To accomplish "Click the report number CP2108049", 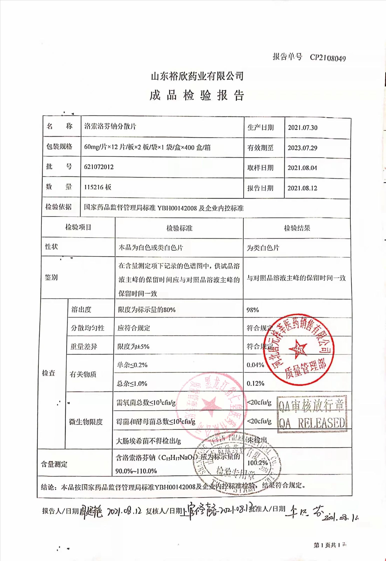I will pyautogui.click(x=328, y=58).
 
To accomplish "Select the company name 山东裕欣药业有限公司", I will pyautogui.click(x=197, y=76).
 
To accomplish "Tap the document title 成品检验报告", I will pyautogui.click(x=197, y=95).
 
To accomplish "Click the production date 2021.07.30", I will pyautogui.click(x=302, y=128).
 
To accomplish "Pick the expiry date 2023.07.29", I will pyautogui.click(x=302, y=148).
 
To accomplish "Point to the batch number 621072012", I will pyautogui.click(x=99, y=167).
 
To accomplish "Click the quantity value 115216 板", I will pyautogui.click(x=98, y=187).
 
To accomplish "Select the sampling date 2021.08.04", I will pyautogui.click(x=302, y=168).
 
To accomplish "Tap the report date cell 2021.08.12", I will pyautogui.click(x=302, y=188).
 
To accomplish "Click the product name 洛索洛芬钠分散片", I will pyautogui.click(x=110, y=126).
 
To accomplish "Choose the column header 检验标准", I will pyautogui.click(x=179, y=228).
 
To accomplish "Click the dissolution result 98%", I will pyautogui.click(x=253, y=310).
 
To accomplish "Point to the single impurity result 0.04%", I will pyautogui.click(x=255, y=365).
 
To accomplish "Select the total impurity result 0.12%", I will pyautogui.click(x=255, y=383).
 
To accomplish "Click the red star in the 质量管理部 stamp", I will pyautogui.click(x=298, y=348).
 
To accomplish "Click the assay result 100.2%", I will pyautogui.click(x=257, y=463).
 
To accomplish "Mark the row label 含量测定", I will pyautogui.click(x=54, y=465).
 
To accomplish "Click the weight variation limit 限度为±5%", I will pyautogui.click(x=133, y=346).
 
